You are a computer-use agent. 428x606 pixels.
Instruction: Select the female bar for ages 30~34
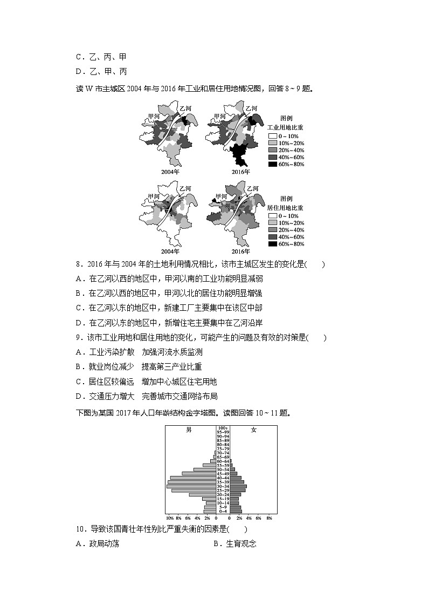[x=238, y=486]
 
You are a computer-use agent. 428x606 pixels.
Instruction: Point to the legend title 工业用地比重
[x=286, y=126]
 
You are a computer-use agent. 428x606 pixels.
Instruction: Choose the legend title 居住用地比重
[x=286, y=207]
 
